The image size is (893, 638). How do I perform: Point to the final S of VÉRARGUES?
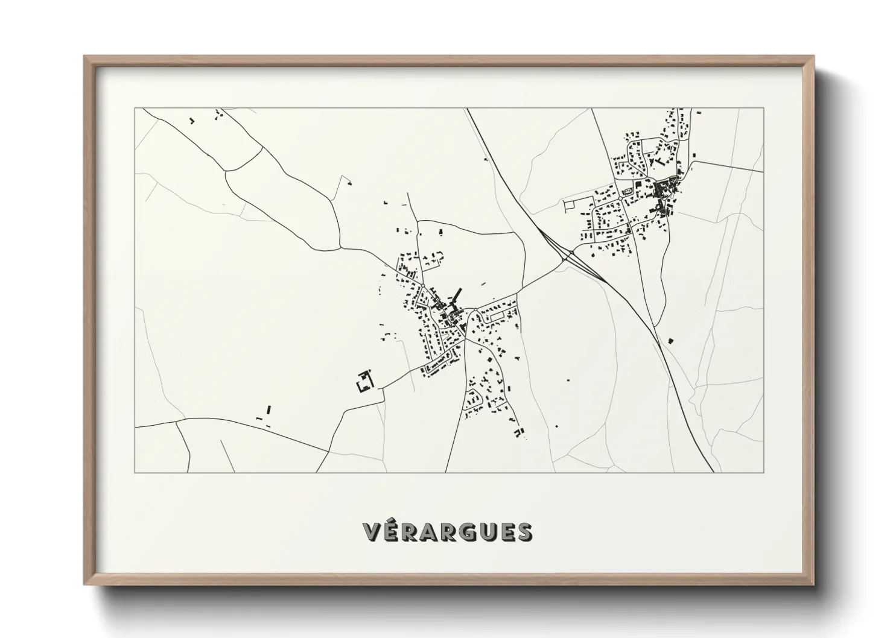coord(524,531)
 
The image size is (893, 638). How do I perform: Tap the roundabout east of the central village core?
coord(476,311)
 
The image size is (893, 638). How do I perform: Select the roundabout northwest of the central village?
coord(423,286)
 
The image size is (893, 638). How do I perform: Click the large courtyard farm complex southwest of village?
coord(365,382)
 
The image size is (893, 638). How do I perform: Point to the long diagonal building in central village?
coord(456,295)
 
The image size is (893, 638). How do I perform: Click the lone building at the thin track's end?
coord(348,180)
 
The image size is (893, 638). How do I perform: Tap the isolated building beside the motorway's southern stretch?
coord(670,341)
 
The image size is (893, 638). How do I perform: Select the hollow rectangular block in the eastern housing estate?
coord(498,315)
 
